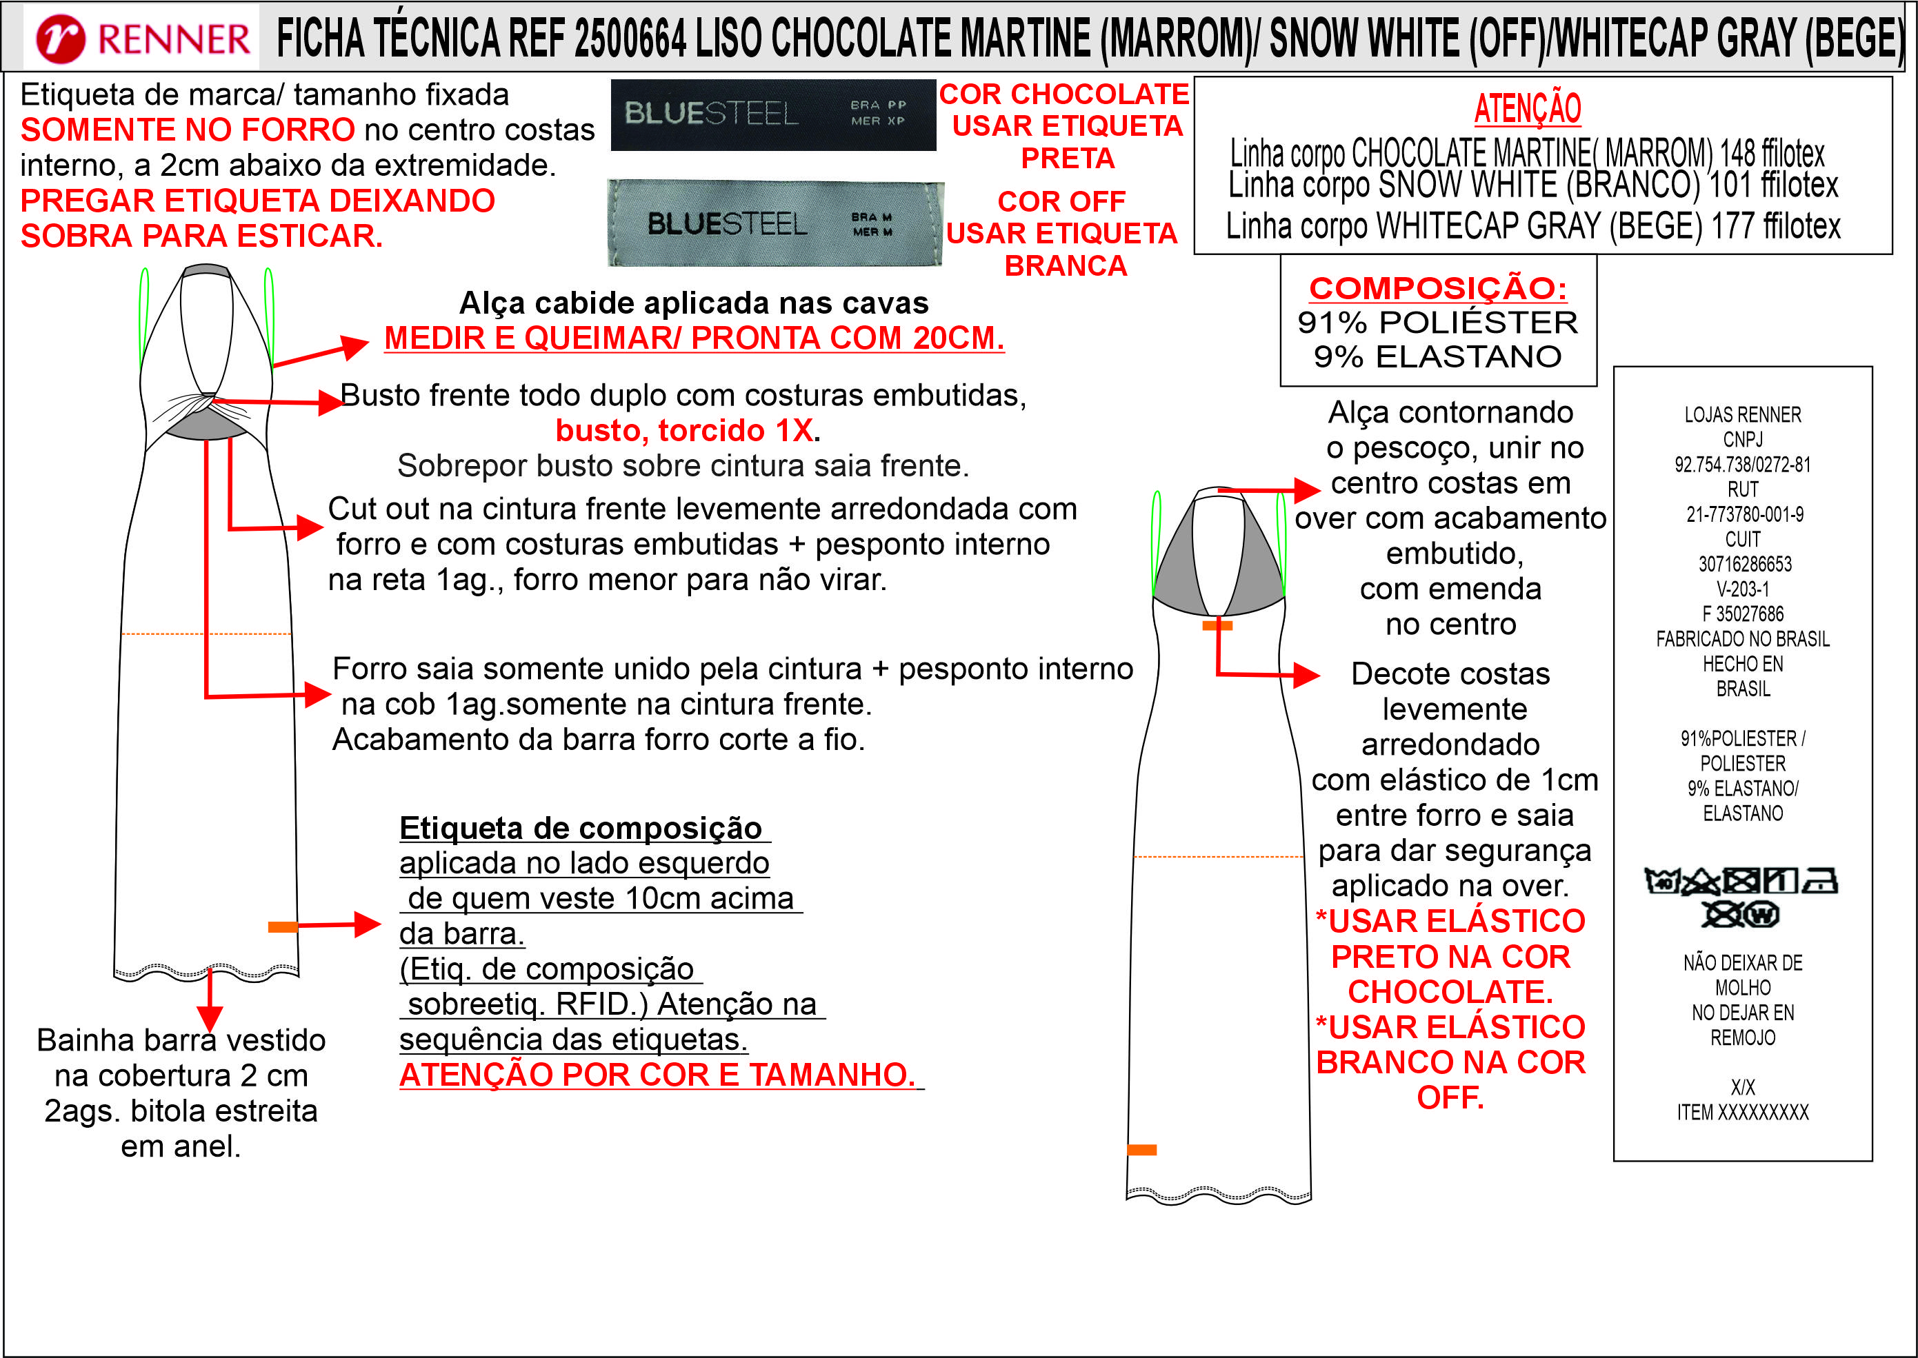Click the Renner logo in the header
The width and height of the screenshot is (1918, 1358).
pyautogui.click(x=142, y=39)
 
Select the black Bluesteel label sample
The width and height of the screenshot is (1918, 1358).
pyautogui.click(x=773, y=114)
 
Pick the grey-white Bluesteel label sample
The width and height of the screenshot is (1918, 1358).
pyautogui.click(x=775, y=223)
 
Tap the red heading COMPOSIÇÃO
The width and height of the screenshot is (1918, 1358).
pyautogui.click(x=1437, y=287)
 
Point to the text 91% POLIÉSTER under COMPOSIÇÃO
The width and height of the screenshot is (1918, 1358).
pyautogui.click(x=1437, y=322)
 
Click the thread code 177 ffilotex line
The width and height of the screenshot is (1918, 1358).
pyautogui.click(x=1532, y=226)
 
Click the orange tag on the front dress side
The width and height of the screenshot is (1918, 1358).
pyautogui.click(x=283, y=926)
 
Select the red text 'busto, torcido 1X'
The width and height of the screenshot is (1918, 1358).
pyautogui.click(x=684, y=430)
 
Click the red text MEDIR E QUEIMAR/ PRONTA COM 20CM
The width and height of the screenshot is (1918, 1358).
pyautogui.click(x=693, y=338)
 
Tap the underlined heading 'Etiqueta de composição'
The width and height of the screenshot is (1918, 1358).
pyautogui.click(x=581, y=828)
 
